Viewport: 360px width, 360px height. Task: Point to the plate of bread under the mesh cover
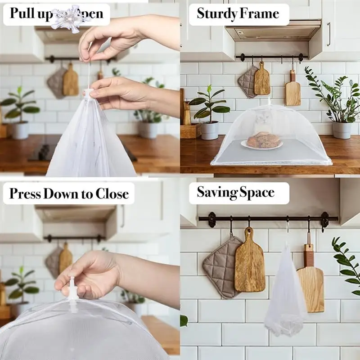click(262, 142)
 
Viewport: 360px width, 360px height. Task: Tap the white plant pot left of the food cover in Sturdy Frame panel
click(209, 130)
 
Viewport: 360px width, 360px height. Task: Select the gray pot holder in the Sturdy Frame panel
click(247, 81)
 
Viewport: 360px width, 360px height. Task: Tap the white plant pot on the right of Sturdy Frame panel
click(342, 130)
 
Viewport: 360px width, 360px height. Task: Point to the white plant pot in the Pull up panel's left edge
click(19, 130)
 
